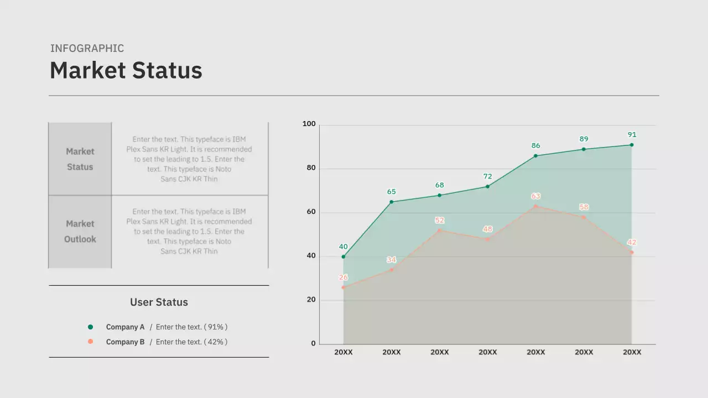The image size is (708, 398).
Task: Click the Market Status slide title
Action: coord(126,71)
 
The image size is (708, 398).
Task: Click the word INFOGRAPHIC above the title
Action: coord(87,49)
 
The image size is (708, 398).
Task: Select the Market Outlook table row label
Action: coord(80,232)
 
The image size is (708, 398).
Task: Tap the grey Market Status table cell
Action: coord(80,159)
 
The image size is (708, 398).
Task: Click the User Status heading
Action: coord(159,302)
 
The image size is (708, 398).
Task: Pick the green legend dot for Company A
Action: coord(91,327)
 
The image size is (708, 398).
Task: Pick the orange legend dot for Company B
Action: coord(91,342)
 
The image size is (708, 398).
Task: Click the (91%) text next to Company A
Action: coord(216,327)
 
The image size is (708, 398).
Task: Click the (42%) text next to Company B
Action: coord(216,342)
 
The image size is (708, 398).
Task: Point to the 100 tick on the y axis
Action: coord(309,124)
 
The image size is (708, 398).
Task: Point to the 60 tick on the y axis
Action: coord(310,212)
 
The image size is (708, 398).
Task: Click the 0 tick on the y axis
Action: coord(313,344)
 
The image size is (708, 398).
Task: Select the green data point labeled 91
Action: coord(632,145)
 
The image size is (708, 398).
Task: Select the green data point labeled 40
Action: coord(343,256)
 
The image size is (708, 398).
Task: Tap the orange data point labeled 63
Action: coord(535,206)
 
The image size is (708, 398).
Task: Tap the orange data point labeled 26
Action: coord(343,287)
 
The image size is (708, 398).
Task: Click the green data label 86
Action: coord(535,146)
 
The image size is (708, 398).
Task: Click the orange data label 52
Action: coord(439,221)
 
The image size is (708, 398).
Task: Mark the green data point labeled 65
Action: coord(392,202)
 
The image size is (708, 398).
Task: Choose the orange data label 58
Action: coord(584,207)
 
